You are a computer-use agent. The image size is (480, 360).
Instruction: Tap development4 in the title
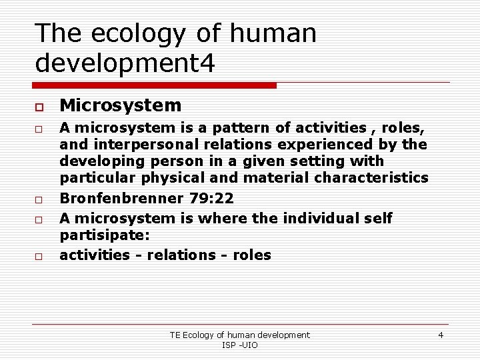[x=125, y=63]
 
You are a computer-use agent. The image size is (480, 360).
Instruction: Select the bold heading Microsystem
[x=120, y=105]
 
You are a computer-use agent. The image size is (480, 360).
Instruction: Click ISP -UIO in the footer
[x=239, y=345]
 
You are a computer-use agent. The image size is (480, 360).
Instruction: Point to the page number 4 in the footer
[x=441, y=335]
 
